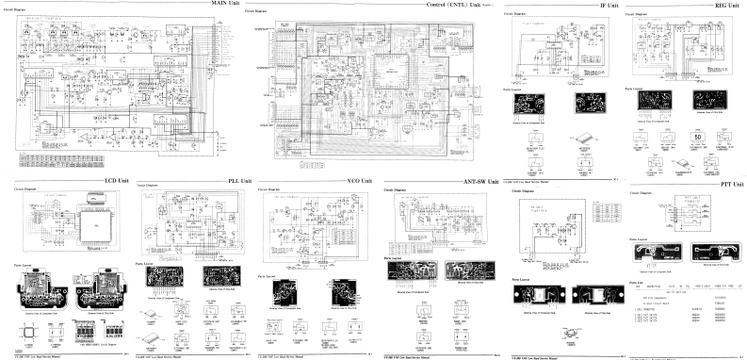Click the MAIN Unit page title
223,5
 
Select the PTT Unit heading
730,186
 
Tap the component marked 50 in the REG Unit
698,137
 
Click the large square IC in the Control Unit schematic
394,72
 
